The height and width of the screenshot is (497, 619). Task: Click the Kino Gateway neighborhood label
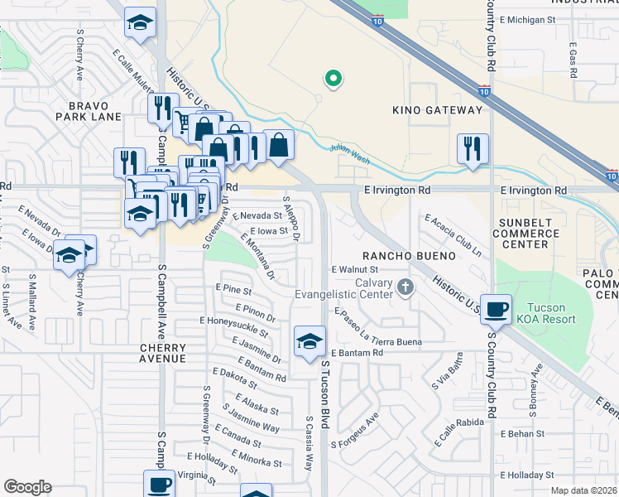point(441,110)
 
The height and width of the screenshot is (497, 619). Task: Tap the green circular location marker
point(333,80)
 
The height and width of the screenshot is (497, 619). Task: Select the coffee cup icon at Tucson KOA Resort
point(496,309)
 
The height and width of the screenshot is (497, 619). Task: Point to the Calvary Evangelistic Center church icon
point(405,287)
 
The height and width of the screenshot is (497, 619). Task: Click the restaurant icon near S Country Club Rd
point(472,148)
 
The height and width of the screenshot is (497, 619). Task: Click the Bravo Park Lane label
point(95,111)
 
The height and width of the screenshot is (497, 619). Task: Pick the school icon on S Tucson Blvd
point(309,340)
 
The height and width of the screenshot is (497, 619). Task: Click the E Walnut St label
point(354,269)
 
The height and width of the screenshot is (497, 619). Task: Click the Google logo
point(27,487)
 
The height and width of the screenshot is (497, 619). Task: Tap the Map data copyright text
point(583,490)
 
